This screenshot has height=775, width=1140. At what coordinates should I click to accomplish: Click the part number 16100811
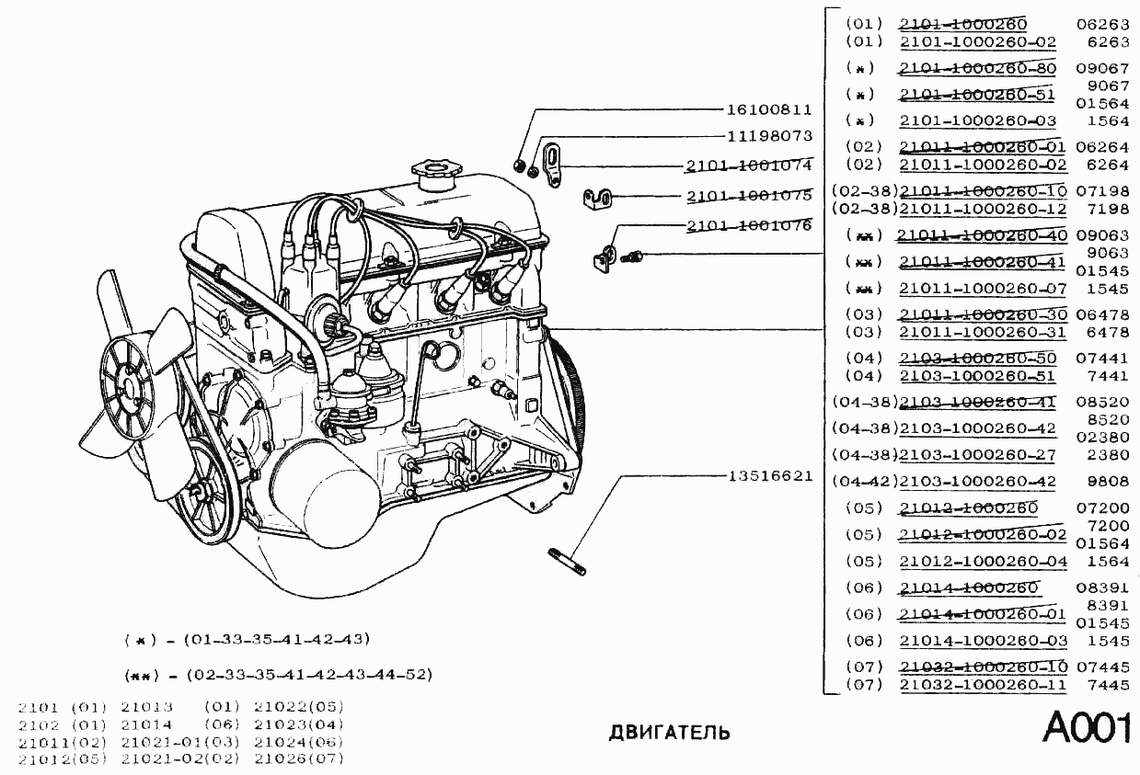769,109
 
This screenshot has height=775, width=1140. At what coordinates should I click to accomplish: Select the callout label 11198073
769,136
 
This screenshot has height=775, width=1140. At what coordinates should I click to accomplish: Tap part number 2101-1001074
748,166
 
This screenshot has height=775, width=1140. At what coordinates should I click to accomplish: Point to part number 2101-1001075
748,196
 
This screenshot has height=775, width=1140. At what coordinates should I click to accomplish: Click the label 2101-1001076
748,225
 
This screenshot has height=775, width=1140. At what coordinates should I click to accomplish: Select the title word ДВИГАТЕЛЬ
670,733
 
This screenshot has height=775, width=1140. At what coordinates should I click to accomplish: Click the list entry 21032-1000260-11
983,685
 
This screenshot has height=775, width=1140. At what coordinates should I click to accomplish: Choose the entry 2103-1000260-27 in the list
977,455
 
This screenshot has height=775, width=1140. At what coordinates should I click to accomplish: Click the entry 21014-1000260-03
983,641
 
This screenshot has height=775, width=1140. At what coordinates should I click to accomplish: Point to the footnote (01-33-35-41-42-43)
276,639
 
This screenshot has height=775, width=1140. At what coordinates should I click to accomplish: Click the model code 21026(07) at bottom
298,758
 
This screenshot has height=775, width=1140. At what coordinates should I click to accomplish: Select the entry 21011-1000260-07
983,289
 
